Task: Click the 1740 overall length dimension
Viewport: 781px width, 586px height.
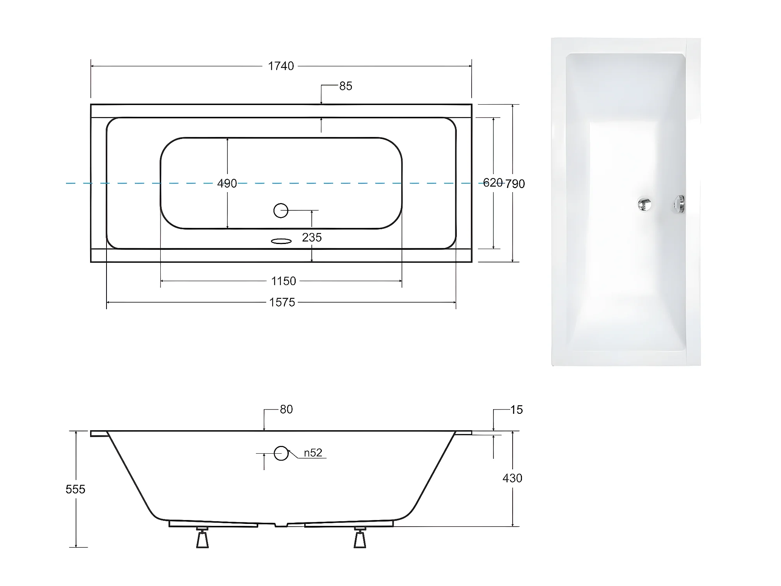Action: click(281, 66)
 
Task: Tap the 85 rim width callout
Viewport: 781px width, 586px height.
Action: click(346, 86)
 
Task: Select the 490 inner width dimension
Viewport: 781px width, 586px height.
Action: click(227, 183)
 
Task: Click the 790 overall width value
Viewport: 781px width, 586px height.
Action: click(515, 183)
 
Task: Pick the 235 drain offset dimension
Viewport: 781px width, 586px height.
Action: click(312, 237)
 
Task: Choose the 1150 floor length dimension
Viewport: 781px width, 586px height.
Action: click(284, 281)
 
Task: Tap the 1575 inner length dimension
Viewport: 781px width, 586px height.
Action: click(282, 302)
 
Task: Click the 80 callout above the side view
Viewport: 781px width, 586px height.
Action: click(286, 409)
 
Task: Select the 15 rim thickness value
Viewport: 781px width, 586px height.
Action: click(517, 410)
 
